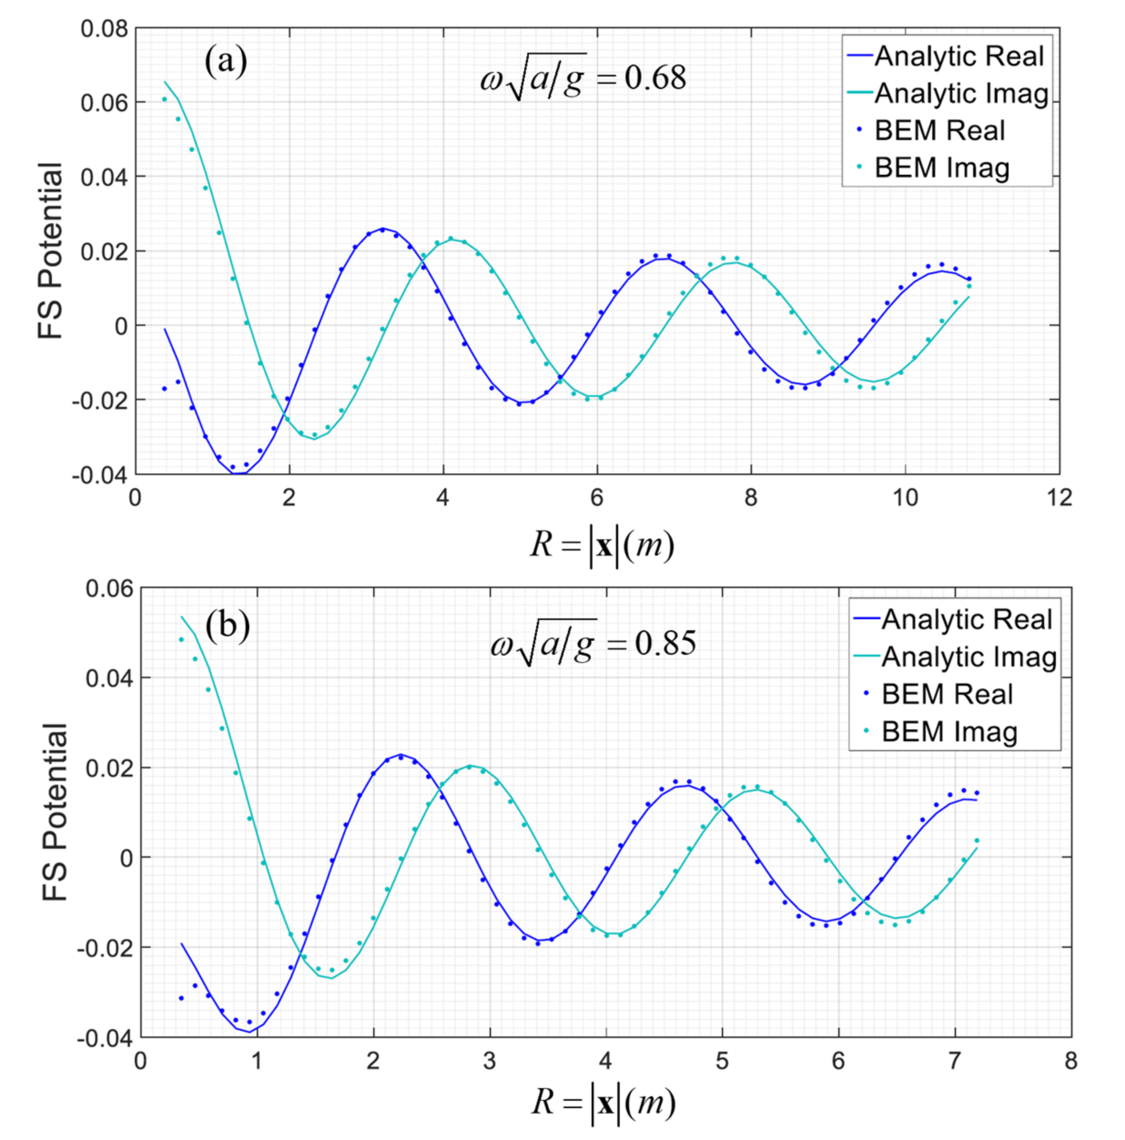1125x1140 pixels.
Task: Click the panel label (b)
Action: pos(227,626)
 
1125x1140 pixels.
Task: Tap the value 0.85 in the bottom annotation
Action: pos(665,642)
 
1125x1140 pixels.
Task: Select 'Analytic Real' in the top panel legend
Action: pos(958,56)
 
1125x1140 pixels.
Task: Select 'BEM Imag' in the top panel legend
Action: pos(942,168)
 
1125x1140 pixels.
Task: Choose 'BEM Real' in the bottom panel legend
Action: pos(947,694)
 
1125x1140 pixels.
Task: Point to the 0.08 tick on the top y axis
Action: pos(104,28)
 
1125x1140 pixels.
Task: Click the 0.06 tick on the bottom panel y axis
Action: pos(109,588)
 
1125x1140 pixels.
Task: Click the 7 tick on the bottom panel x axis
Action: pos(954,1060)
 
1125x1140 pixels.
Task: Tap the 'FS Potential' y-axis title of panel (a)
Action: pos(51,251)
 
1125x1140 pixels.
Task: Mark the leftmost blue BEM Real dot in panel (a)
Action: pos(165,388)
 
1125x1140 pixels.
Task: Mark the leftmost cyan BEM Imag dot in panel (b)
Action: pos(181,639)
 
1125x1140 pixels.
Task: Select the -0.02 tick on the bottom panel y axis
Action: pos(105,947)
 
